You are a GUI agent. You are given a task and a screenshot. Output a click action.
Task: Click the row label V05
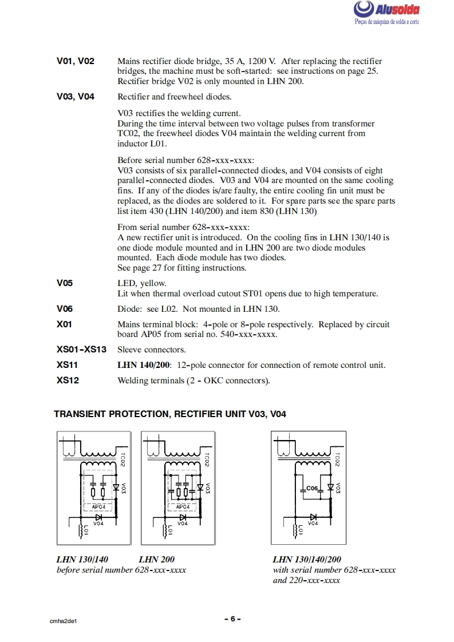[x=65, y=283]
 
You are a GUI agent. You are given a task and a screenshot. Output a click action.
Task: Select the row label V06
[x=65, y=309]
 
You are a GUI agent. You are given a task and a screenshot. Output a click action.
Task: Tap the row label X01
[x=64, y=324]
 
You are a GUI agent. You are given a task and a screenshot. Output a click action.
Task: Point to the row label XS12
[x=68, y=380]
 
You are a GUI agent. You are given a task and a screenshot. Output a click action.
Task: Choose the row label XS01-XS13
[x=81, y=349]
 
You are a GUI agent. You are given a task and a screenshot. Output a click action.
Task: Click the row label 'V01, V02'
[x=76, y=61]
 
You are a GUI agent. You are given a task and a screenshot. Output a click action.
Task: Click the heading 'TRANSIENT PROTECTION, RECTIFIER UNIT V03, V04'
[x=169, y=414]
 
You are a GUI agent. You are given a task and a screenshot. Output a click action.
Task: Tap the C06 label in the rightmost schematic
[x=311, y=488]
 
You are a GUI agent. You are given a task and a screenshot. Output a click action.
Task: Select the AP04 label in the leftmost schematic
[x=98, y=506]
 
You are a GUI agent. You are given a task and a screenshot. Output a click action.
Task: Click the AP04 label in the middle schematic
[x=183, y=506]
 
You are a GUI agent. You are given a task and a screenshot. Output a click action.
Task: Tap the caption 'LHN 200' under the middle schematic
[x=156, y=560]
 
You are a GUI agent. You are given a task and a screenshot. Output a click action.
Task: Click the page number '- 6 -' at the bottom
[x=232, y=619]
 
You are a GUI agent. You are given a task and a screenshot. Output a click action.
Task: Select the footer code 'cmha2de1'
[x=63, y=620]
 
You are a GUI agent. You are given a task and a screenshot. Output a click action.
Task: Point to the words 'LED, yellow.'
[x=141, y=283]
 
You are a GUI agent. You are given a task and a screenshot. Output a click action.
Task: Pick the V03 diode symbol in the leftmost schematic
[x=116, y=488]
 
